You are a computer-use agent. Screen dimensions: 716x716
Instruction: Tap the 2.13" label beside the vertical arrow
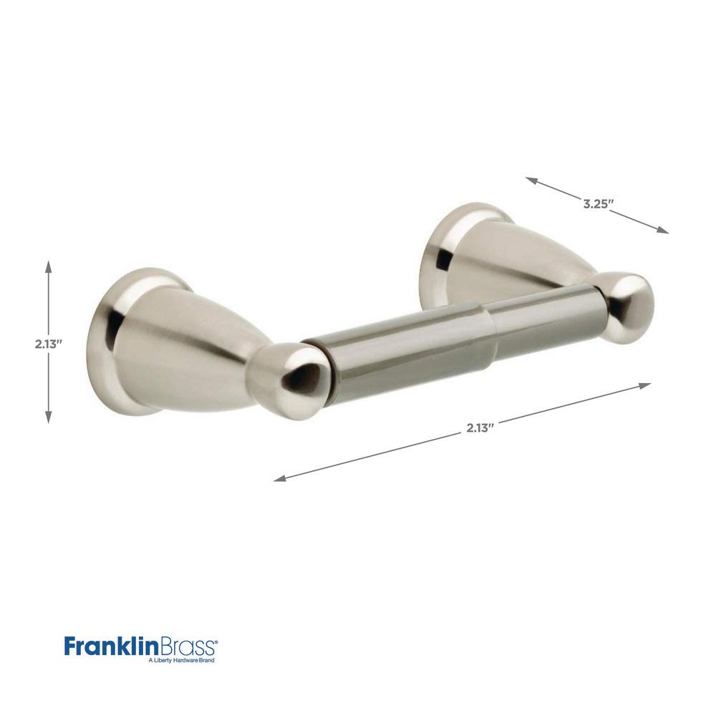(x=49, y=344)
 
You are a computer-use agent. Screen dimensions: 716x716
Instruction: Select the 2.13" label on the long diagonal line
(x=480, y=428)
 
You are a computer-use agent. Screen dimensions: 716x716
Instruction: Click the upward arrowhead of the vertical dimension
(x=49, y=266)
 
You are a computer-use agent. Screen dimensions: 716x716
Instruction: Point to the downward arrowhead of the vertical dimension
(x=49, y=417)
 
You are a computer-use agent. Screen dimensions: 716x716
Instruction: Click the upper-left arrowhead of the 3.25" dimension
(x=531, y=180)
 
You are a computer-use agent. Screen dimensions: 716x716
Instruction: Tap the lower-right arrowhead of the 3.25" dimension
(x=662, y=231)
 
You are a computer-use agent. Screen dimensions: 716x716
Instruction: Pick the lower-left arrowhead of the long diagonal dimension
(x=280, y=478)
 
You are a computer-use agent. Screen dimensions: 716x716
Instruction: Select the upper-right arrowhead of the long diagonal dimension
(x=644, y=385)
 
